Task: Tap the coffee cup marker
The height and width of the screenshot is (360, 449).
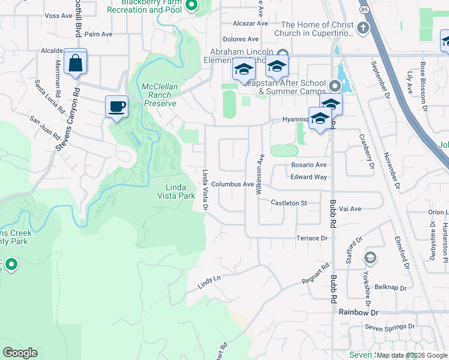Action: (116, 107)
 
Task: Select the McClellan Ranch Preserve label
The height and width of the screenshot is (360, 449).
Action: (160, 95)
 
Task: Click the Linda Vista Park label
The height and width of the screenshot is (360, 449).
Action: (176, 191)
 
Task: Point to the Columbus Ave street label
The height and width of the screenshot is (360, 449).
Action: (232, 184)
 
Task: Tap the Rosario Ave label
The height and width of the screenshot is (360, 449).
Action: (309, 165)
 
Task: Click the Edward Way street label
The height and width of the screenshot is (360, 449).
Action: (309, 177)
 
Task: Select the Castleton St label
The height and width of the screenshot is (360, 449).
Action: (289, 203)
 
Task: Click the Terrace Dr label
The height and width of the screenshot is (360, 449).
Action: (311, 238)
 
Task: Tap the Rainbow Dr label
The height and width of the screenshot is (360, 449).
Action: (358, 313)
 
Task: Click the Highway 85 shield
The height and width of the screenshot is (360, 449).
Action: (365, 10)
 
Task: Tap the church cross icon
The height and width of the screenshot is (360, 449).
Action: (362, 28)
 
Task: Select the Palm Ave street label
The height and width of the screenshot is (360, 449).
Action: (99, 34)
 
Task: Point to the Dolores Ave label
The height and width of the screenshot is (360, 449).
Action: (236, 39)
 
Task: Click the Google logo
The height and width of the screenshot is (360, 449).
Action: (20, 353)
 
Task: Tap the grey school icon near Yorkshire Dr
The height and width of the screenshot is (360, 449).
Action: (370, 257)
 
